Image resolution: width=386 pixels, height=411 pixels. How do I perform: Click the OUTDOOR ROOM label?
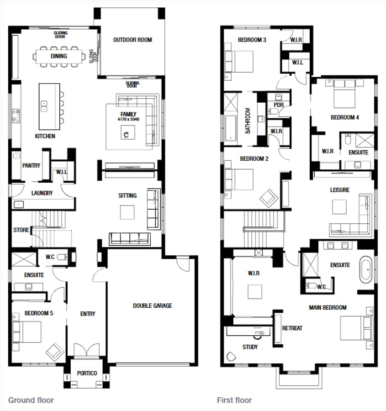click(132, 40)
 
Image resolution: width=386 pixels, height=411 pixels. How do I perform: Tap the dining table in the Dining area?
click(59, 57)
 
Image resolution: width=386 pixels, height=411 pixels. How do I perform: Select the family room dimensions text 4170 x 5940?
click(128, 120)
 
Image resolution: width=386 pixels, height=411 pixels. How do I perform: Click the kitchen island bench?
click(49, 106)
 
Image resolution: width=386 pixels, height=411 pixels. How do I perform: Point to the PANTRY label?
click(31, 165)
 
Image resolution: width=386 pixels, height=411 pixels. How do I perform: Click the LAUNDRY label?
click(42, 193)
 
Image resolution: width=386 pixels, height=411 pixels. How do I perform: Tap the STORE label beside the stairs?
click(21, 230)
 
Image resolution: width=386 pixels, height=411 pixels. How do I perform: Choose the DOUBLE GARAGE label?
click(152, 306)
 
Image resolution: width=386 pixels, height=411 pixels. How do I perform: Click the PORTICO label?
click(87, 373)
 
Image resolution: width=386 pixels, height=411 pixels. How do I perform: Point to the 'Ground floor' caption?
click(31, 400)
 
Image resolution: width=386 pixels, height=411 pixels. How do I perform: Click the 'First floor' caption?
click(234, 400)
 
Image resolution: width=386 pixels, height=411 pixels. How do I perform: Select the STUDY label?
click(250, 347)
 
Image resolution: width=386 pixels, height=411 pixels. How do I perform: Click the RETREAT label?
click(292, 328)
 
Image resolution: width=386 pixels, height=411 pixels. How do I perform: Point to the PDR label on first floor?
click(278, 105)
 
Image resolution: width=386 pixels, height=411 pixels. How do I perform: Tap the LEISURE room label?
click(339, 190)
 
